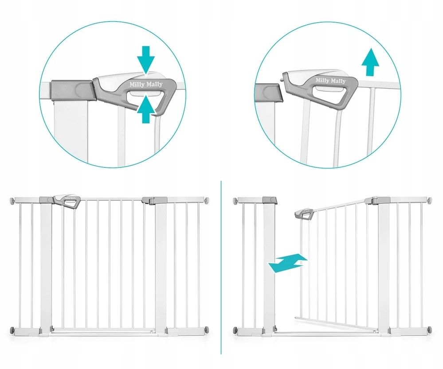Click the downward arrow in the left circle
point(146,59)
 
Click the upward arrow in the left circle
point(146,109)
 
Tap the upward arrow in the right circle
point(370,62)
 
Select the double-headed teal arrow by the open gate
point(288,263)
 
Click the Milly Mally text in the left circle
point(146,84)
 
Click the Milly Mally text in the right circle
point(330,81)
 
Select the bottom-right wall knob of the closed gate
point(207,330)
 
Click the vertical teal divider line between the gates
point(221,268)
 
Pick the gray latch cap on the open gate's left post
point(270,200)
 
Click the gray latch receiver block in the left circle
point(73,90)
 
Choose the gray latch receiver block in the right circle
point(268,92)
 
